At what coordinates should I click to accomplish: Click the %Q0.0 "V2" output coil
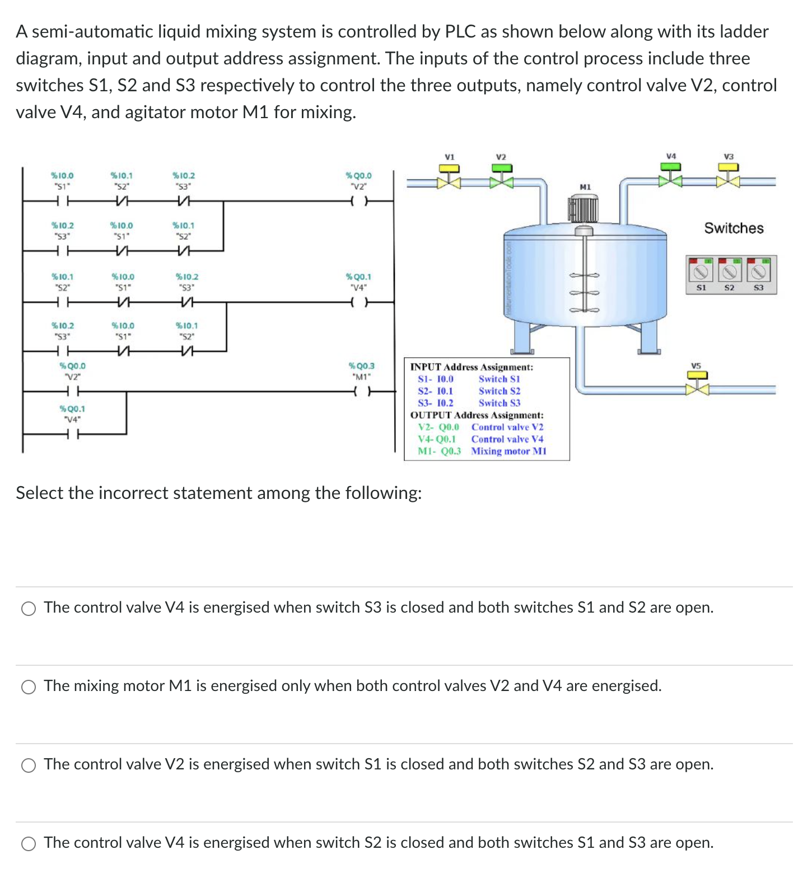pos(358,200)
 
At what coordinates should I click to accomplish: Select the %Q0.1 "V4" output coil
pos(358,302)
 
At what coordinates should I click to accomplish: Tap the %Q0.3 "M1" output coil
pos(361,391)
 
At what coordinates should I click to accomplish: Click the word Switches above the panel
pos(734,228)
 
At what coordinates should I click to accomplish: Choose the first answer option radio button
pos(29,609)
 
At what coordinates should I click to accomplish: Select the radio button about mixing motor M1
pos(29,687)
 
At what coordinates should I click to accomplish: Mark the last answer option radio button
pos(29,844)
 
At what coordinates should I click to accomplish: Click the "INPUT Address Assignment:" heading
pos(471,367)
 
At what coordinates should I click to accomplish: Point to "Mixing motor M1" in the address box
pos(508,451)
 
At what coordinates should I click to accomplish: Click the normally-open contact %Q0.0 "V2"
pos(72,391)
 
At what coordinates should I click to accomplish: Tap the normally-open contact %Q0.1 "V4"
pos(72,434)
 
